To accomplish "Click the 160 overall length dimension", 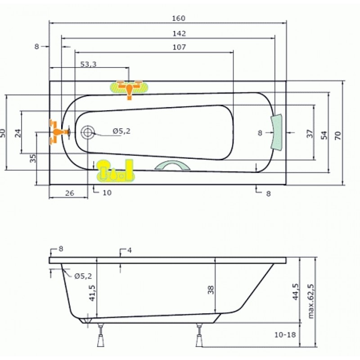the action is tap(179, 18).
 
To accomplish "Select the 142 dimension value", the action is tap(179, 33).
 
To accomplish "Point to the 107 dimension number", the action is tap(179, 47).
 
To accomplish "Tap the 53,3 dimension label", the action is tap(88, 64).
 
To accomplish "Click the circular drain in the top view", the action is tap(87, 132).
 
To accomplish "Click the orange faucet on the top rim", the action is tap(129, 90).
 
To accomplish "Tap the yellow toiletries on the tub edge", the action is tap(115, 171).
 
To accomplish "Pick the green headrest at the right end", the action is tap(276, 132).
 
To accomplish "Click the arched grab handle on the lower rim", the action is tap(173, 165).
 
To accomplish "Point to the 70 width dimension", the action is tap(338, 135).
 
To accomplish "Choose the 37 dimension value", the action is tap(310, 134).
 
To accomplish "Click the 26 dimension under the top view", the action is tap(70, 193).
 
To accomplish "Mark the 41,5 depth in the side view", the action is tap(92, 293).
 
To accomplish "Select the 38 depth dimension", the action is tap(211, 290).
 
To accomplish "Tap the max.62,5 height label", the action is tap(310, 301).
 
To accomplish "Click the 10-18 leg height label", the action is tap(285, 334).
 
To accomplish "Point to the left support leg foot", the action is tap(100, 340).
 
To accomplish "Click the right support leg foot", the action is tap(199, 340).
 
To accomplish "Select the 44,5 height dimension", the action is tap(296, 292).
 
